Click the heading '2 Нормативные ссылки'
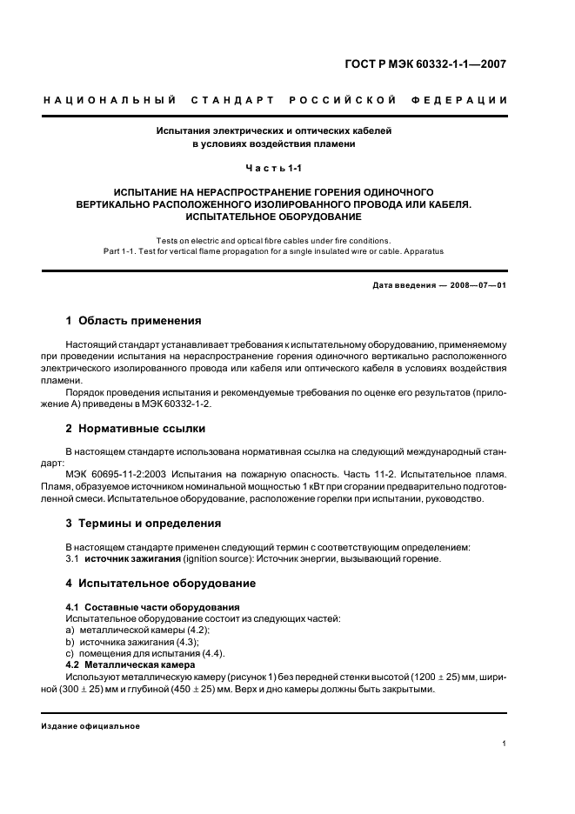(136, 428)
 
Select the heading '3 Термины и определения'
(144, 524)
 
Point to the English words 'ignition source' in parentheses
(215, 558)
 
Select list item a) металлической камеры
(138, 630)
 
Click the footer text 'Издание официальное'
(90, 725)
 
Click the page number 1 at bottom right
(505, 743)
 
